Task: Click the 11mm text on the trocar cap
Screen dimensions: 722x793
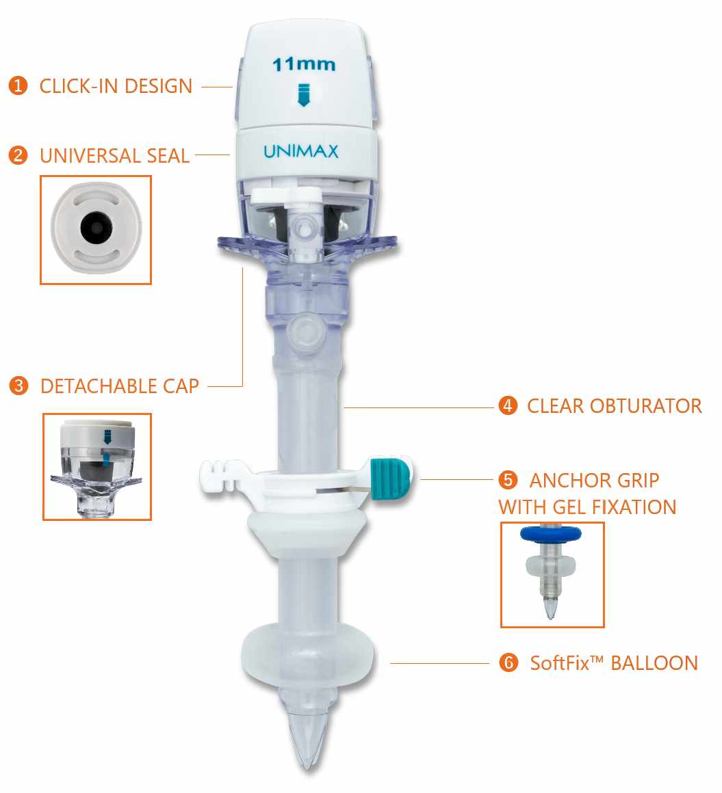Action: [x=304, y=64]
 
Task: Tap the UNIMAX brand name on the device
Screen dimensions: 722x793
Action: [x=300, y=151]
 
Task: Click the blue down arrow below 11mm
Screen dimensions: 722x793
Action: [x=303, y=95]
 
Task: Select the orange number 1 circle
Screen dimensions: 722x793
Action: [x=18, y=85]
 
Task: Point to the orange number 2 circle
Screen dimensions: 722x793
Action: [x=18, y=155]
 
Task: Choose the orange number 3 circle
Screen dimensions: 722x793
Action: [x=18, y=386]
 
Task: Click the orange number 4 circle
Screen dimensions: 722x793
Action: [x=508, y=405]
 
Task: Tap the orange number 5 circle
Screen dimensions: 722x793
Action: [x=508, y=480]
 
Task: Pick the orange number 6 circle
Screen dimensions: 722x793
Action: [x=509, y=662]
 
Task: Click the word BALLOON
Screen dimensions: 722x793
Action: [x=654, y=663]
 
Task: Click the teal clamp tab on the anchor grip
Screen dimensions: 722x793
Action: [x=390, y=478]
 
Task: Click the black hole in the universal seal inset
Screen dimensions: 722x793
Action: [x=96, y=228]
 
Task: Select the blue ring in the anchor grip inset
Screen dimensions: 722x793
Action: [x=551, y=533]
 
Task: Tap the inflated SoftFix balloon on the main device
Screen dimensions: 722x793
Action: [x=308, y=654]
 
